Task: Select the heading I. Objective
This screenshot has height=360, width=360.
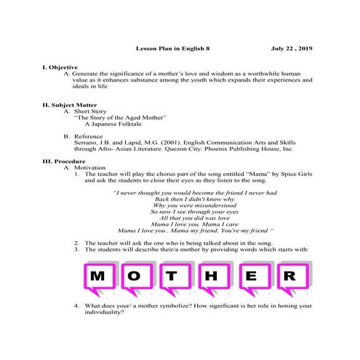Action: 60,66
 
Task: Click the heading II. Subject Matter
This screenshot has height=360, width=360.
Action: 71,105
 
